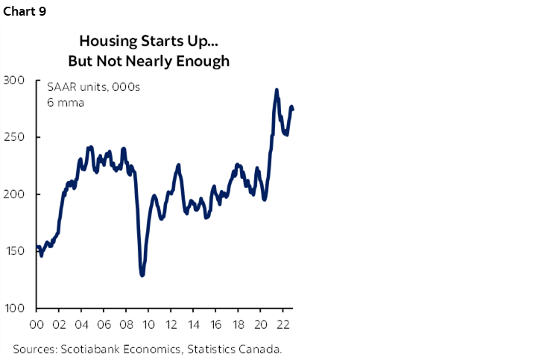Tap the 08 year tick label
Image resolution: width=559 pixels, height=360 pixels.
point(126,326)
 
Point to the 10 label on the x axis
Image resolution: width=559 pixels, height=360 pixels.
point(148,326)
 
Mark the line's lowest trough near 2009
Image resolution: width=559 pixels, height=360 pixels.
point(142,275)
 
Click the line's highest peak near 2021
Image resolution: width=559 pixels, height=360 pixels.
point(277,90)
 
